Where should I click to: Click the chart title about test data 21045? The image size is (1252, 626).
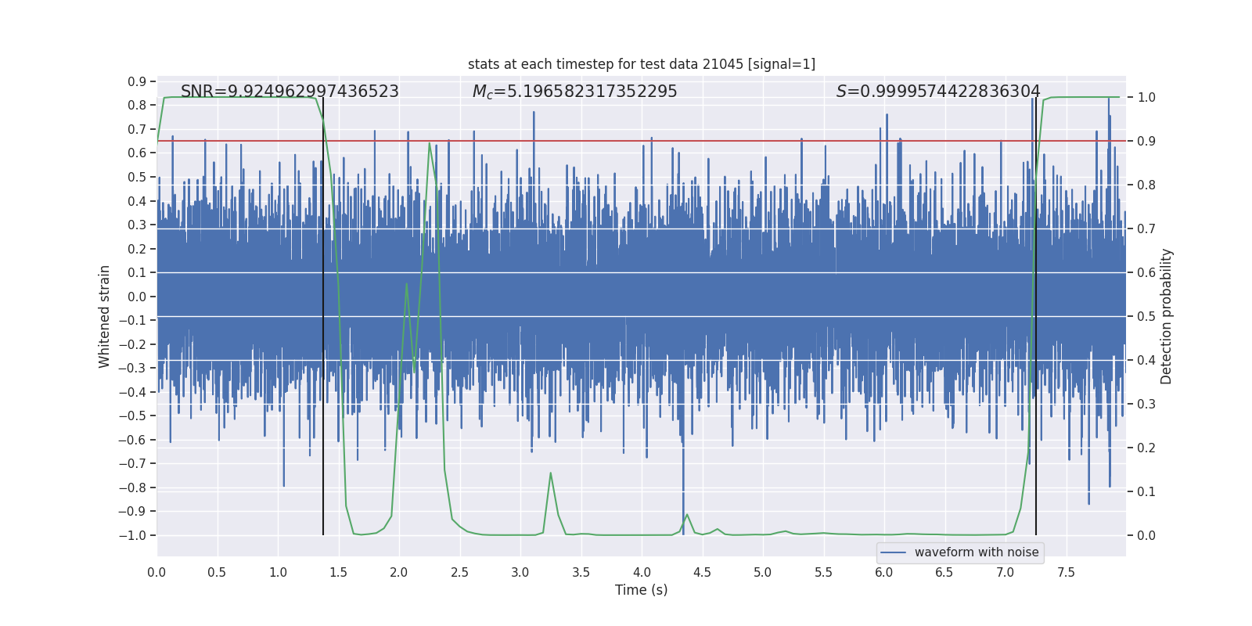[642, 64]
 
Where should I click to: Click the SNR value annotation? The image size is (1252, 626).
[290, 92]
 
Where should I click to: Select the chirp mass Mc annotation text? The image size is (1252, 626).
[574, 92]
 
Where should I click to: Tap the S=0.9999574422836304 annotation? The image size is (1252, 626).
[938, 92]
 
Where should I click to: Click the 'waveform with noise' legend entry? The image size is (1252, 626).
[976, 552]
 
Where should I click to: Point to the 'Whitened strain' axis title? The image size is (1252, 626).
[104, 316]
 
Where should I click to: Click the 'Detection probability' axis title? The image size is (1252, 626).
[1167, 316]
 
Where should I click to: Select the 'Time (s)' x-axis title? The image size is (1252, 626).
[641, 590]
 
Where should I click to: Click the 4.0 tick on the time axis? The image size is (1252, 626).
[642, 572]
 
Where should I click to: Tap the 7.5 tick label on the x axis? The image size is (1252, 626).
[1066, 572]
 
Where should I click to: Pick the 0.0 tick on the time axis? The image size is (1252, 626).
[156, 572]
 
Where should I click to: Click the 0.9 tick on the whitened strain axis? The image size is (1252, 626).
[137, 81]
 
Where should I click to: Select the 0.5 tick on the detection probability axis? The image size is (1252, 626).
[1146, 316]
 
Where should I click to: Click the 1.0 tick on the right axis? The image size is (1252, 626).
[1146, 97]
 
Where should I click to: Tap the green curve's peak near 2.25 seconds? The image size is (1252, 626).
[430, 143]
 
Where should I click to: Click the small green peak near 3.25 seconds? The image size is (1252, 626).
[551, 473]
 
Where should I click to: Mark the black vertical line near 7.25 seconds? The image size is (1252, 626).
[1036, 313]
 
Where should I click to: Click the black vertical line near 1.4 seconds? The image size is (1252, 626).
[323, 313]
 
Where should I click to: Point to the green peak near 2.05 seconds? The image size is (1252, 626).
[406, 283]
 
